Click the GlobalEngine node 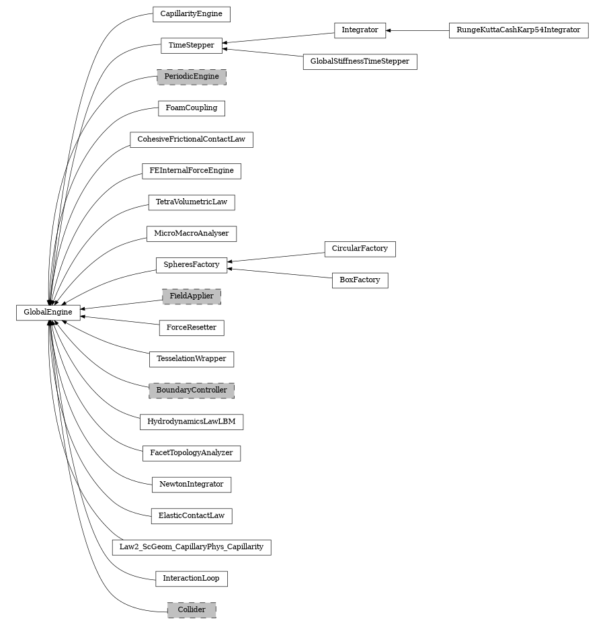click(x=48, y=312)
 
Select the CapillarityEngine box click(x=192, y=13)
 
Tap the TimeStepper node click(x=192, y=46)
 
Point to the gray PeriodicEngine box click(x=192, y=77)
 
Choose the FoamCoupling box click(x=192, y=108)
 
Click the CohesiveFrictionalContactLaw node click(x=192, y=140)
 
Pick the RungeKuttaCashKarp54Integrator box click(x=518, y=30)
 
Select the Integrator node click(x=360, y=30)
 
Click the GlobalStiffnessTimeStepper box click(x=360, y=62)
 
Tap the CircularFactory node click(x=360, y=249)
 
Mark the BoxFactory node click(x=360, y=280)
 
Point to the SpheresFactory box click(x=192, y=265)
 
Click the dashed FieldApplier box click(x=192, y=296)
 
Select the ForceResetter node click(x=192, y=328)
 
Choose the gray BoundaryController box click(x=192, y=390)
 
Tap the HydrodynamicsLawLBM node click(x=192, y=422)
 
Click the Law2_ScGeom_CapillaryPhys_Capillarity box click(x=192, y=547)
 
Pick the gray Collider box click(x=192, y=610)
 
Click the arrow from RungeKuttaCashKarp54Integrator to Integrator click(x=417, y=30)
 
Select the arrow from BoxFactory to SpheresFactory click(x=280, y=273)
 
